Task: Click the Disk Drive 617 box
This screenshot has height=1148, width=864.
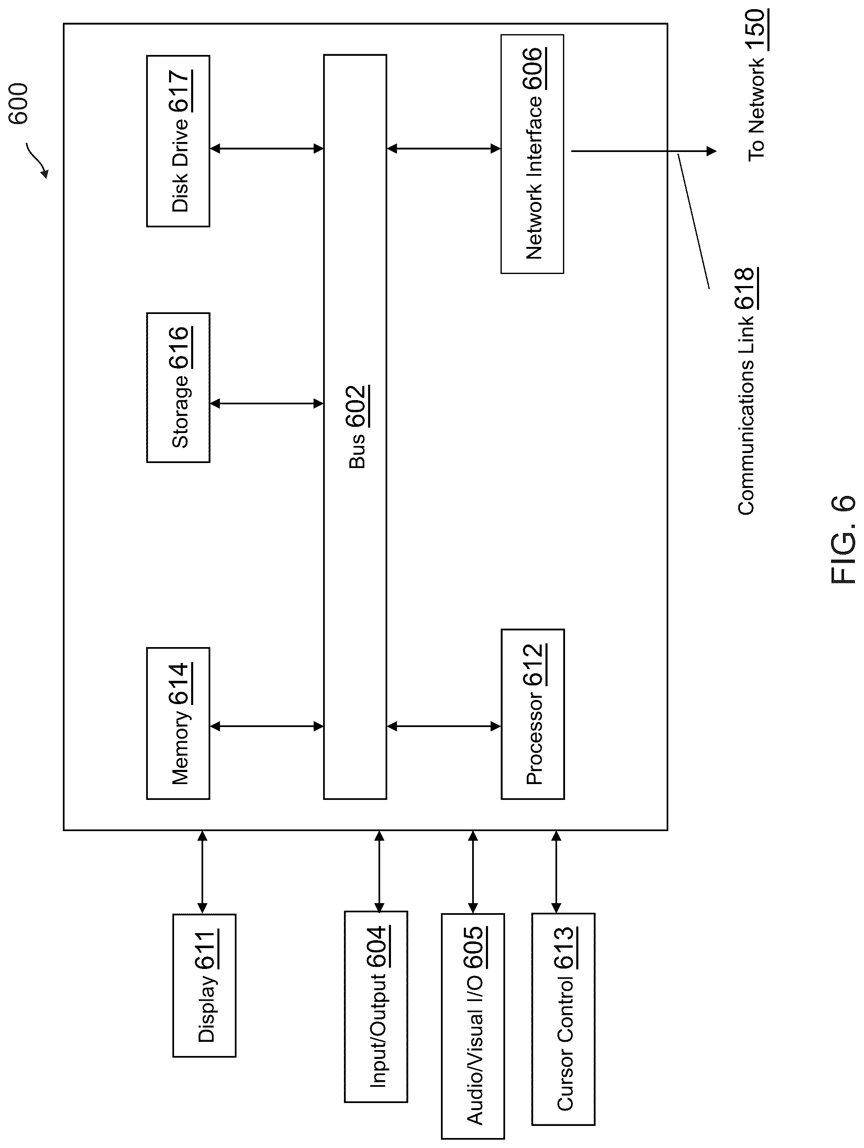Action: pyautogui.click(x=178, y=141)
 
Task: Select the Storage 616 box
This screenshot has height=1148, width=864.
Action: pyautogui.click(x=178, y=387)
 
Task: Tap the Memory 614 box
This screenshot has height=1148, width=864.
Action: pyautogui.click(x=178, y=723)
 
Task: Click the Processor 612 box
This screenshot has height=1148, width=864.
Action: pyautogui.click(x=533, y=714)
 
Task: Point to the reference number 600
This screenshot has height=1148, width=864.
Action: pyautogui.click(x=18, y=103)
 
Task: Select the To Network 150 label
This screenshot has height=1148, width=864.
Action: pyautogui.click(x=758, y=85)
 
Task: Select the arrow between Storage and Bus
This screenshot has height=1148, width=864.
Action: pyautogui.click(x=267, y=403)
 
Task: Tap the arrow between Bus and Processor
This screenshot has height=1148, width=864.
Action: pyautogui.click(x=444, y=726)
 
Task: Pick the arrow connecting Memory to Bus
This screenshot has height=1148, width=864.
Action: pyautogui.click(x=267, y=727)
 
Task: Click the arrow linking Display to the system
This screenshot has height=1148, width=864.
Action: pyautogui.click(x=202, y=872)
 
